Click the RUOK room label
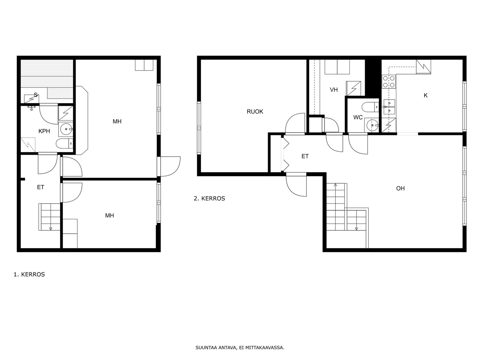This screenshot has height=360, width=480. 255,112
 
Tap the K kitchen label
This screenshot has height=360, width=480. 425,95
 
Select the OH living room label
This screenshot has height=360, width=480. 400,188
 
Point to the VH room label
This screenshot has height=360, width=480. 334,90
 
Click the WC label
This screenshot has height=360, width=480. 358,117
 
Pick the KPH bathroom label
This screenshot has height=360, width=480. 44,131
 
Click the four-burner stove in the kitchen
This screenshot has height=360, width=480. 389,82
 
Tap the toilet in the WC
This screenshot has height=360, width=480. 370,107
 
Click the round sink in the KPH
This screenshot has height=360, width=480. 66,129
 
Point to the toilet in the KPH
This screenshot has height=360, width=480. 64,144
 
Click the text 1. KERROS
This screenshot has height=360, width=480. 29,274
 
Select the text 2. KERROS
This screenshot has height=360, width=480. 209,199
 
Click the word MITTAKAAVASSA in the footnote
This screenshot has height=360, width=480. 265,347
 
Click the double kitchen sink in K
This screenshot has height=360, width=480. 389,107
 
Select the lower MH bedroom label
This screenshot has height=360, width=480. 109,216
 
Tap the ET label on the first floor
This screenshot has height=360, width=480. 41,187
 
